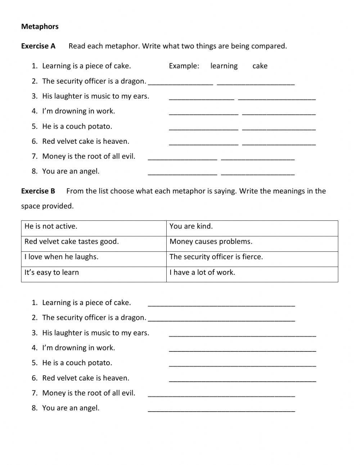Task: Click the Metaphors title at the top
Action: click(40, 27)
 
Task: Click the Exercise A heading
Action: click(38, 46)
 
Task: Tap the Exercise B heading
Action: click(38, 191)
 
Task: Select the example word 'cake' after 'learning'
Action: click(260, 66)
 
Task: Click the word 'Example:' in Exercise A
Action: click(184, 66)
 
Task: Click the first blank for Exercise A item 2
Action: click(181, 82)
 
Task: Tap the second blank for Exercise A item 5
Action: click(279, 127)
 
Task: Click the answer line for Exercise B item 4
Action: click(243, 349)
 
